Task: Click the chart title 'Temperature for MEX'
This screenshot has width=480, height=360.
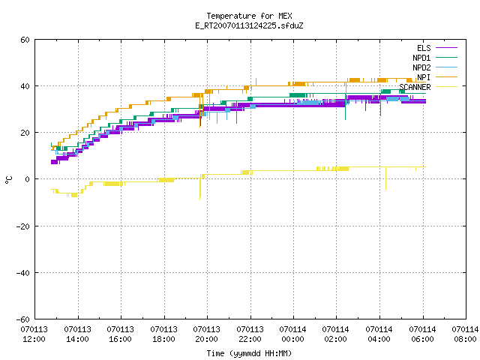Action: [x=249, y=16]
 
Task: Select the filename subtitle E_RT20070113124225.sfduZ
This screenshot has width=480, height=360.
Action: [x=249, y=25]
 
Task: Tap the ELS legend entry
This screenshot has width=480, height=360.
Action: [x=436, y=48]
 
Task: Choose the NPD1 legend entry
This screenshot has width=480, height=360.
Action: [x=435, y=58]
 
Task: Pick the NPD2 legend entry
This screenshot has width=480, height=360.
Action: [x=435, y=67]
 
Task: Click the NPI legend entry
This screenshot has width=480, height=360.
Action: [x=436, y=77]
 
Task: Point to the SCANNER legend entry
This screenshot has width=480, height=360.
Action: [x=428, y=87]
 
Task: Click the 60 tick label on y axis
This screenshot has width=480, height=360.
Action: [x=25, y=40]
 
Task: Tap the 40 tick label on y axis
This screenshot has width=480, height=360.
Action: [x=25, y=86]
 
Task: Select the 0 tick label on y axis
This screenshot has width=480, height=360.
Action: [x=28, y=179]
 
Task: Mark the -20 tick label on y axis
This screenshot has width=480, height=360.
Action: [x=23, y=226]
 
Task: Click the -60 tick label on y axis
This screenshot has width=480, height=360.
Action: [x=23, y=319]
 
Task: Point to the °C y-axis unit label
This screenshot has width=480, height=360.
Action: [x=8, y=180]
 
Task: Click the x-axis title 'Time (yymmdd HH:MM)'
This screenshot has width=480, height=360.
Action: [x=249, y=353]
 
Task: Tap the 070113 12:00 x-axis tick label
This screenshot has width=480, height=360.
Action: [x=34, y=334]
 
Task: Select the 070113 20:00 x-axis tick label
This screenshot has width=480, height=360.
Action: [x=207, y=334]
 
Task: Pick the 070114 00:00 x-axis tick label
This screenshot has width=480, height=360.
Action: [x=293, y=334]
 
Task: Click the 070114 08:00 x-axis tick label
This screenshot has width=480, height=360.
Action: [x=465, y=334]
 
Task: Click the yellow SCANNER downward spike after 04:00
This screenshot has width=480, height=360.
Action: [x=385, y=178]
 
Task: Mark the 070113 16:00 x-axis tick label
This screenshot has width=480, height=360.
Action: [x=120, y=334]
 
